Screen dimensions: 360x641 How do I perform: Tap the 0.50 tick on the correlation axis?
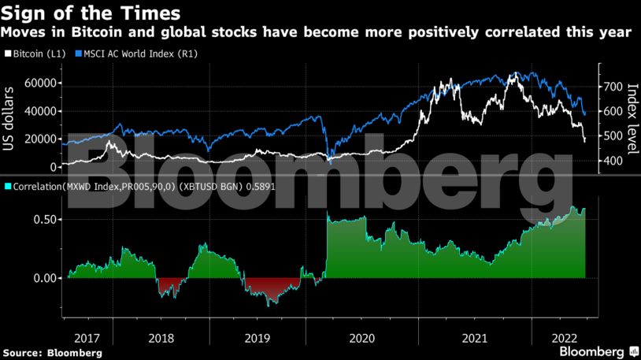coord(44,219)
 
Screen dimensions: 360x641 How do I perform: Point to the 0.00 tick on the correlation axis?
coord(44,278)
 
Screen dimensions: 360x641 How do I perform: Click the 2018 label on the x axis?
coord(161,337)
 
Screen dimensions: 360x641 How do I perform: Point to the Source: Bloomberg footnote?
coord(52,353)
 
